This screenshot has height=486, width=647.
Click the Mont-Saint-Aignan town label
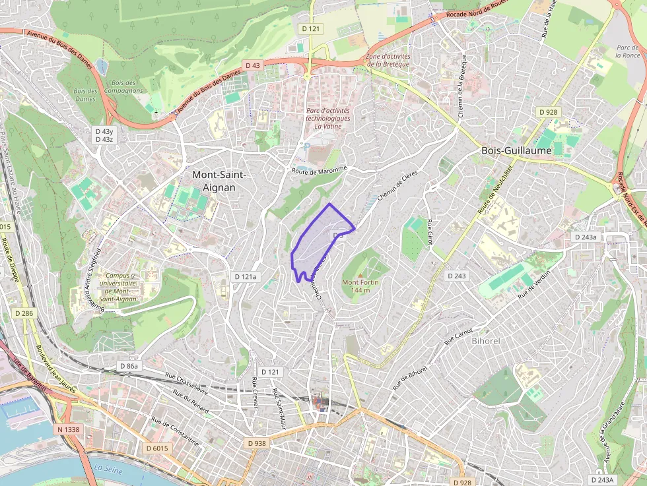(x=219, y=181)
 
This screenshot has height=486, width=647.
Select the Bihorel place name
(x=488, y=341)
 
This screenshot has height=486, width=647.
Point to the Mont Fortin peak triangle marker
(x=360, y=274)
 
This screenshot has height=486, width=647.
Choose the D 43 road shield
(x=253, y=65)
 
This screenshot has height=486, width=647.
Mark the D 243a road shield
(x=585, y=237)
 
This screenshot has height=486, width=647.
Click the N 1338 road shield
(x=68, y=429)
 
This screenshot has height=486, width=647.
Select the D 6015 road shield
(x=156, y=448)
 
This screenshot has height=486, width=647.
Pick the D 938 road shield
(x=257, y=443)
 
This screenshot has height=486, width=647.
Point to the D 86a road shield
(x=130, y=365)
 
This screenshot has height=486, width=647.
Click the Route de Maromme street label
(x=319, y=169)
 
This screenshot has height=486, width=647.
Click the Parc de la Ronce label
(x=627, y=51)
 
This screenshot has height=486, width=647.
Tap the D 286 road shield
(x=23, y=313)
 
